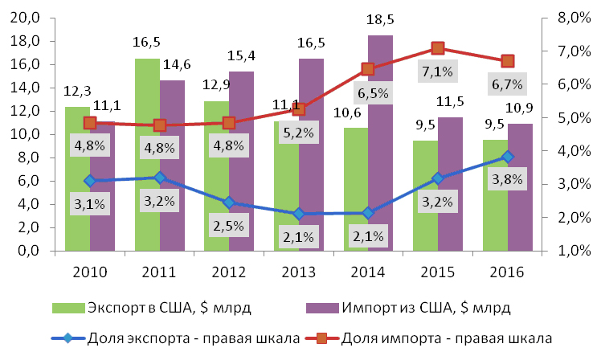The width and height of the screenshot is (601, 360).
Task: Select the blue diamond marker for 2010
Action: click(90, 181)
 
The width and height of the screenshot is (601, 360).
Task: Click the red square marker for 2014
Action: click(368, 69)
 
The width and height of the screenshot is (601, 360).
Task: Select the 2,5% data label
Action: click(228, 226)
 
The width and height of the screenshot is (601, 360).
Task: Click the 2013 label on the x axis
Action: click(299, 271)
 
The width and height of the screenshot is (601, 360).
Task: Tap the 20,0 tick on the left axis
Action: click(27, 18)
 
